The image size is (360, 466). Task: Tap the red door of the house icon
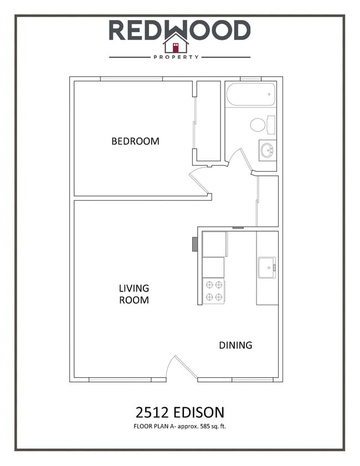tap(176, 47)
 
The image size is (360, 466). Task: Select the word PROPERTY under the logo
tap(176, 57)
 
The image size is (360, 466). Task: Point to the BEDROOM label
tap(135, 141)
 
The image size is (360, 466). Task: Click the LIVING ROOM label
tap(134, 294)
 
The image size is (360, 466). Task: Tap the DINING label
tap(235, 345)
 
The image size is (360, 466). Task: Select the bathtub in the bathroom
tap(250, 94)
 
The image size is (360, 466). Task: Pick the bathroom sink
tap(267, 150)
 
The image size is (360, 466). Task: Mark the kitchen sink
tap(266, 268)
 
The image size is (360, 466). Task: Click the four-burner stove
tap(214, 291)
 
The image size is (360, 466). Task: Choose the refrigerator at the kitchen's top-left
tap(214, 244)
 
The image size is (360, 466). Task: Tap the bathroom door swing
tap(240, 160)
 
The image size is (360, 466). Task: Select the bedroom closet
tap(208, 121)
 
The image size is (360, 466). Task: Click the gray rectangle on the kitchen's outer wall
tap(195, 244)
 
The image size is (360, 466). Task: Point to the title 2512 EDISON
tap(180, 412)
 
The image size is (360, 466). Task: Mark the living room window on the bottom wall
tap(120, 380)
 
